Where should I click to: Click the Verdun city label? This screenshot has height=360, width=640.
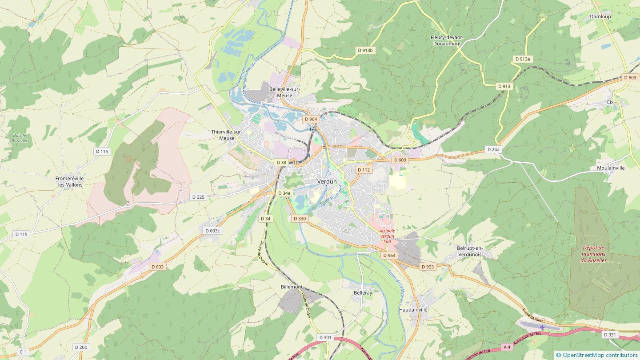(327, 181)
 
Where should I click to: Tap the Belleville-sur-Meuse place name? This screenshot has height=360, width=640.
(284, 92)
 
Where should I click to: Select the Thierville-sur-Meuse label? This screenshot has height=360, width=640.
(226, 135)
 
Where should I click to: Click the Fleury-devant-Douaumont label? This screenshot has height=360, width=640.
(447, 40)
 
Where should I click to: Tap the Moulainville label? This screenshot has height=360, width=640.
(611, 168)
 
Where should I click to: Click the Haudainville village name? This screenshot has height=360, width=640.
(413, 309)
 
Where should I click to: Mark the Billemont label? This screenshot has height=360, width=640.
(292, 287)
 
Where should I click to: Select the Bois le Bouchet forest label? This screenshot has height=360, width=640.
(20, 138)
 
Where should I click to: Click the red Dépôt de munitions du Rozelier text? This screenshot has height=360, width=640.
(593, 254)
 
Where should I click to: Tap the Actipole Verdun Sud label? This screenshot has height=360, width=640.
(387, 236)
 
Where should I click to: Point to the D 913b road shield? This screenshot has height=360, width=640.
(365, 50)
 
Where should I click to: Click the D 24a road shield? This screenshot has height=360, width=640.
(493, 149)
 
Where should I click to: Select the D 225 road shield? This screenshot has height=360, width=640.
(198, 196)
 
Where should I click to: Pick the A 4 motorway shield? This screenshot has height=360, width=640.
(507, 346)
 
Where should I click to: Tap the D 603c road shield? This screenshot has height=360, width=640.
(212, 231)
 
